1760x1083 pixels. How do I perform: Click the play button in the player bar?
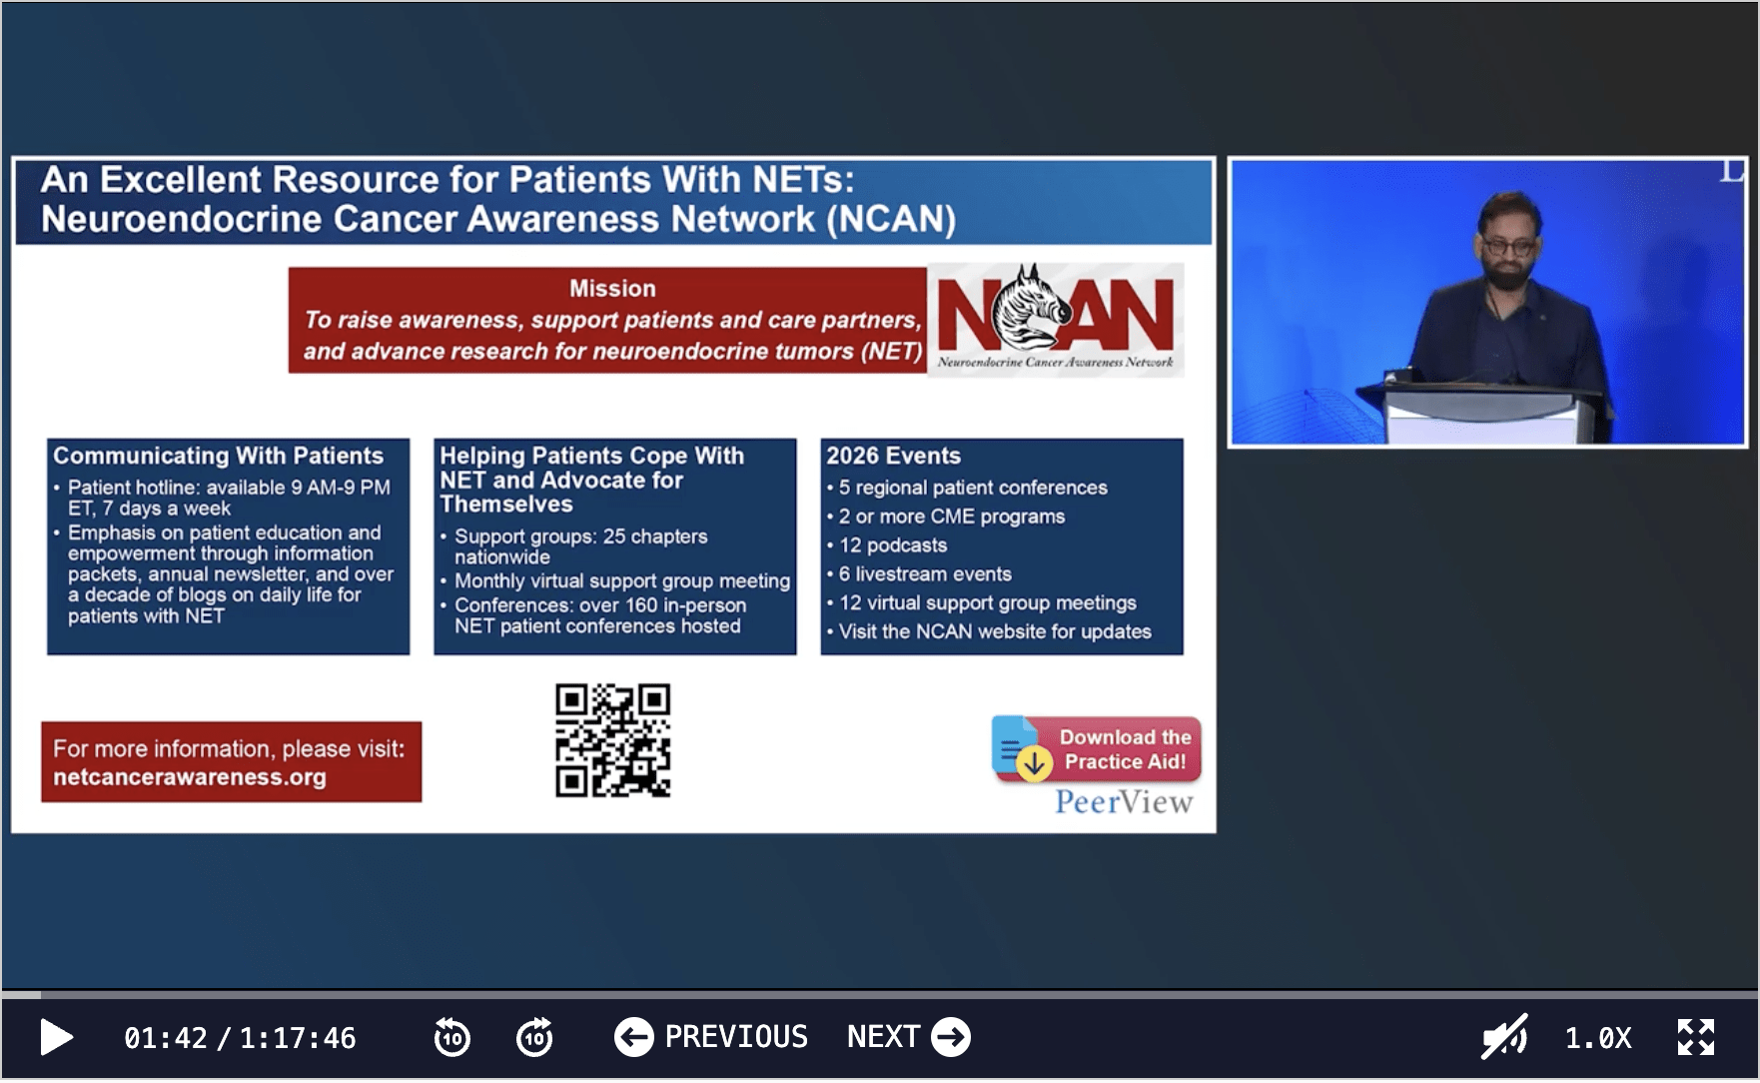click(56, 1038)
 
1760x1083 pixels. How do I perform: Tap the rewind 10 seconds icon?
click(452, 1037)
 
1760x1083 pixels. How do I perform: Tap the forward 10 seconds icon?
click(534, 1037)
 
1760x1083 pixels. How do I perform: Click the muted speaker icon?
click(1504, 1037)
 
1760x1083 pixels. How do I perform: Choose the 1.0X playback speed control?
click(1598, 1038)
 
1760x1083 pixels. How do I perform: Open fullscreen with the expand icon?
click(1696, 1037)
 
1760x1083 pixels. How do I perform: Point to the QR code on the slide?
click(612, 740)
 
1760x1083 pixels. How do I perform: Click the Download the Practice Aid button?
click(1097, 749)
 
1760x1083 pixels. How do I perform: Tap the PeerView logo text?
click(1124, 802)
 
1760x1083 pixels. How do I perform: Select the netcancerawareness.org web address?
click(190, 777)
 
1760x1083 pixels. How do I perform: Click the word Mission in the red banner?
click(612, 289)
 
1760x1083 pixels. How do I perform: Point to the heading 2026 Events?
click(893, 456)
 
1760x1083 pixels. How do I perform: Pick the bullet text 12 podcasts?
click(893, 545)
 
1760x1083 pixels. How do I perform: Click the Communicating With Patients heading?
click(218, 456)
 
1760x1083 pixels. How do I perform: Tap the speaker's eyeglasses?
click(1509, 246)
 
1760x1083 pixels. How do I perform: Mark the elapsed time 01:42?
click(166, 1038)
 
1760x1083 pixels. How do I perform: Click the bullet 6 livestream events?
click(925, 574)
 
